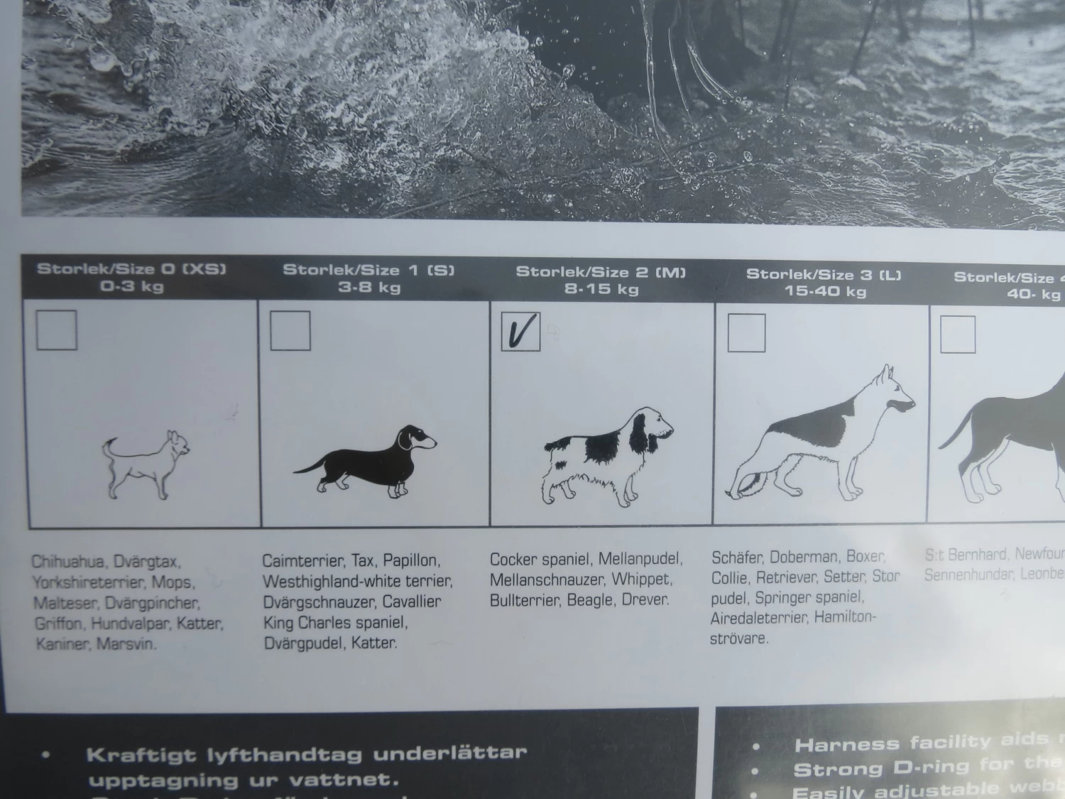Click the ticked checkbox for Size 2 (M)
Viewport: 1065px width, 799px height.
click(520, 331)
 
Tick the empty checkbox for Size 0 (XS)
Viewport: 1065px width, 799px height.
click(56, 330)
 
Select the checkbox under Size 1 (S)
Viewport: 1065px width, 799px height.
click(290, 330)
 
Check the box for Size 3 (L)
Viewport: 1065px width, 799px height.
click(746, 332)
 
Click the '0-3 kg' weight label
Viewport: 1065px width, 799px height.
click(132, 286)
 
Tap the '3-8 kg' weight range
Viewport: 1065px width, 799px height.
click(369, 288)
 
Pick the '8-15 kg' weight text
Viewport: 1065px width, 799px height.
click(601, 289)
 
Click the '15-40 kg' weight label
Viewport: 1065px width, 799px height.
click(825, 291)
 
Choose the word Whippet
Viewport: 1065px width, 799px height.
click(640, 580)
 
